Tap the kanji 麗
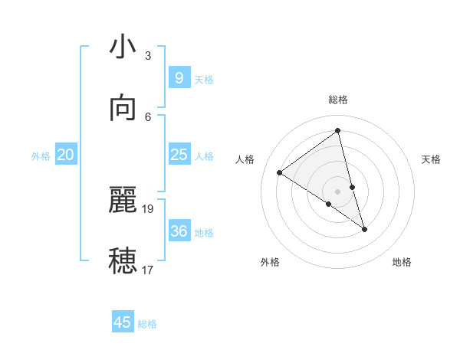123,200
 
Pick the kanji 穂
123,261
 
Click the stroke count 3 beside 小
148,55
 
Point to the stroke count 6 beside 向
148,116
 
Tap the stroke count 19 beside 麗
149,208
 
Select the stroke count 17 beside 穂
149,270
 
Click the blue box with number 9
179,77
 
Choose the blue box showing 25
179,155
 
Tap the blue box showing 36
179,231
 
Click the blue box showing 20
65,155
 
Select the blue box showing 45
123,322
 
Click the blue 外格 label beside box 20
41,156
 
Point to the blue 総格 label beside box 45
147,324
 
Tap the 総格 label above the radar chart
338,100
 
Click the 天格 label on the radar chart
431,159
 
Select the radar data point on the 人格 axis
280,172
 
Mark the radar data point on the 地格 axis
364,229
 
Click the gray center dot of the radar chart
338,191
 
